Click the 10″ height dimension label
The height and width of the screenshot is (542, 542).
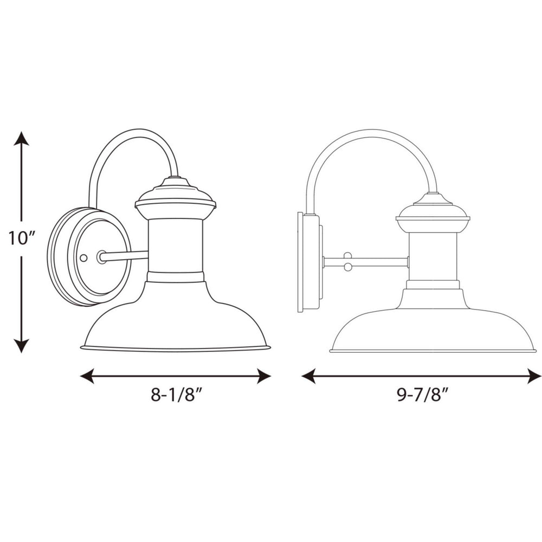21,237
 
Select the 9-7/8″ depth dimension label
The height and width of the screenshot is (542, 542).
421,395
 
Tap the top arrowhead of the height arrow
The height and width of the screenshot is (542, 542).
21,139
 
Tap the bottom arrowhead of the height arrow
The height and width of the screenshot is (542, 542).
21,345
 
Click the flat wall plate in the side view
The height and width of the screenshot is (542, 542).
304,262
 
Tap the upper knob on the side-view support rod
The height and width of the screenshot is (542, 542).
348,255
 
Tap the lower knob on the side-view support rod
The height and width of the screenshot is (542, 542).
348,267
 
